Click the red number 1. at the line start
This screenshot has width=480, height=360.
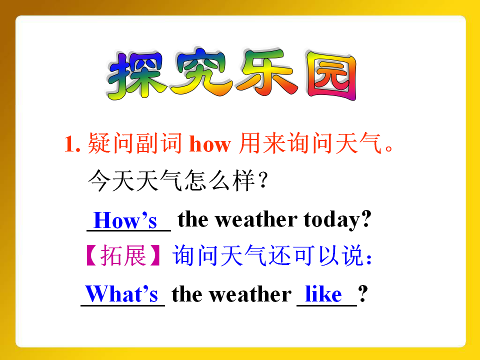pyautogui.click(x=72, y=144)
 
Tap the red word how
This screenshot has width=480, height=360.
pyautogui.click(x=210, y=143)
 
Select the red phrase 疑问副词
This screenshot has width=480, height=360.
pyautogui.click(x=135, y=143)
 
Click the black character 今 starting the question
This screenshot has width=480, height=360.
pyautogui.click(x=99, y=180)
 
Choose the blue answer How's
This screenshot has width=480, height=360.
pyautogui.click(x=125, y=220)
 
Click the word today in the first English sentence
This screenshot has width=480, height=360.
pyautogui.click(x=331, y=220)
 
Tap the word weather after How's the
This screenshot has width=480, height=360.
pyautogui.click(x=256, y=219)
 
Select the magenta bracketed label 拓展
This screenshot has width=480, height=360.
pyautogui.click(x=123, y=255)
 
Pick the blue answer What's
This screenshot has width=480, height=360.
pyautogui.click(x=121, y=294)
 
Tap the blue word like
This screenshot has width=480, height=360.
pyautogui.click(x=323, y=294)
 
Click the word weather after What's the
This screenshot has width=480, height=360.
pyautogui.click(x=250, y=294)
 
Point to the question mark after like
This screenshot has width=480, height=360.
pyautogui.click(x=363, y=294)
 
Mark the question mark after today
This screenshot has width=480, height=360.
pyautogui.click(x=366, y=219)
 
